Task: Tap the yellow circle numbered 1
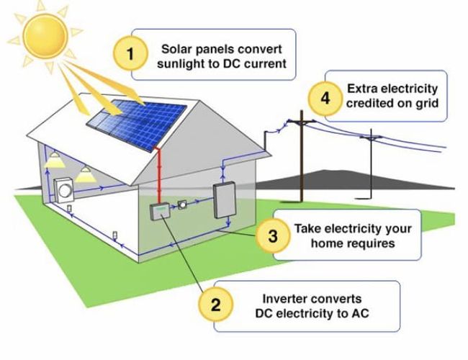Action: (x=130, y=54)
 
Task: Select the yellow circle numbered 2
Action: (x=214, y=305)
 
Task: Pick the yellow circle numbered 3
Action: (x=272, y=235)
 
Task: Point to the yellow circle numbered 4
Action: (x=325, y=98)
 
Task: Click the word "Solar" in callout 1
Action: (x=177, y=49)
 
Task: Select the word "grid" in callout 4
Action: (x=423, y=103)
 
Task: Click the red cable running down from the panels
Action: (x=156, y=173)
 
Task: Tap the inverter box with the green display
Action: (x=159, y=210)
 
